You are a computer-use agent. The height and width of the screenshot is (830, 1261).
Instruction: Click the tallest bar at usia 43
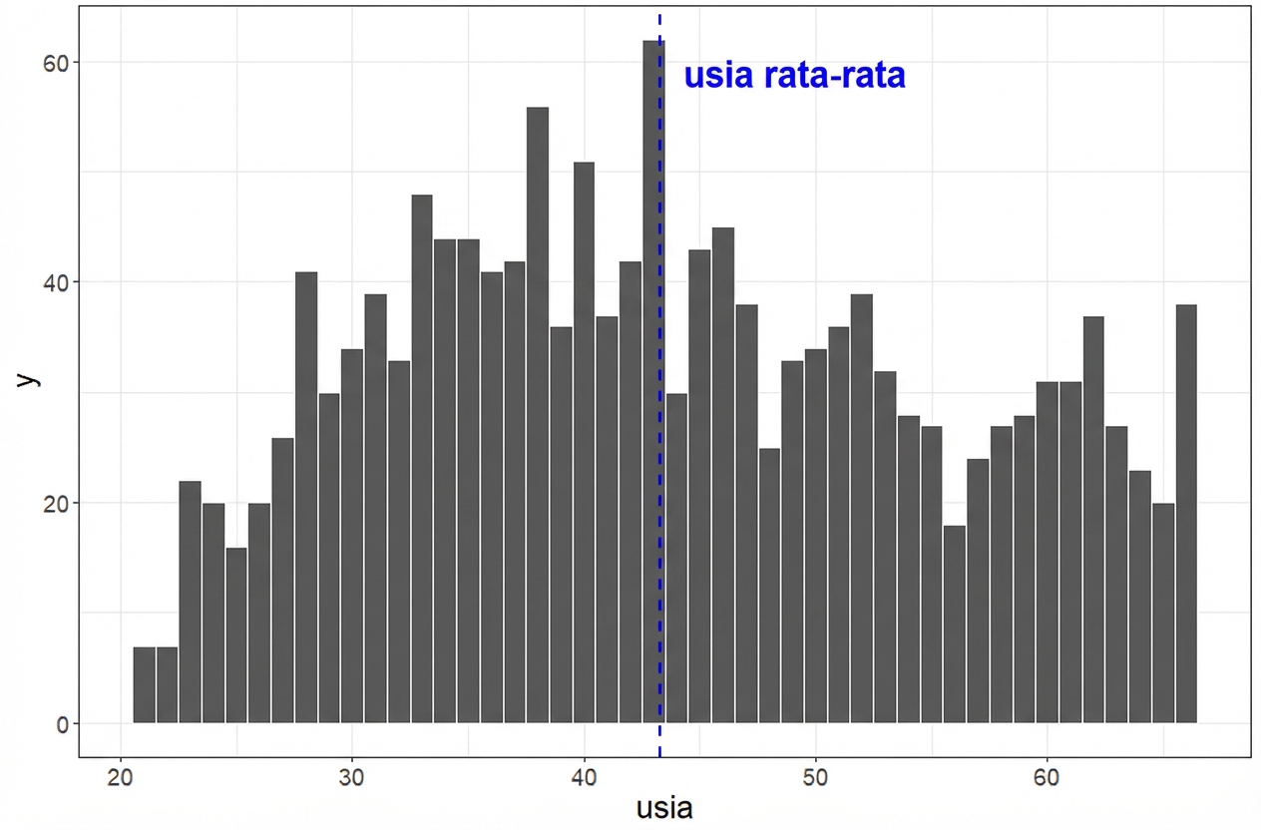coord(652,379)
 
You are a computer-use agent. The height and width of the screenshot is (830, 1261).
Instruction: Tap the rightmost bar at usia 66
coord(1186,514)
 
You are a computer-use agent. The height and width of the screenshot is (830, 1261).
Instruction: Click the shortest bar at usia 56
coord(955,623)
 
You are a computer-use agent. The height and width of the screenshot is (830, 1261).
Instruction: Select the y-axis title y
coord(29,379)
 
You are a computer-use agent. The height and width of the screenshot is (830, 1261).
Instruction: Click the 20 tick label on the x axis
coord(121,777)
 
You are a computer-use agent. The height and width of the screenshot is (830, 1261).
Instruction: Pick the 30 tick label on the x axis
coord(352,777)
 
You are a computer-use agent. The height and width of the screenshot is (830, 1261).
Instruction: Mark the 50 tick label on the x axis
coord(815,777)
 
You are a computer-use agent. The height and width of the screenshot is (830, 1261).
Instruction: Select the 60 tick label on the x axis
coord(1047,777)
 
